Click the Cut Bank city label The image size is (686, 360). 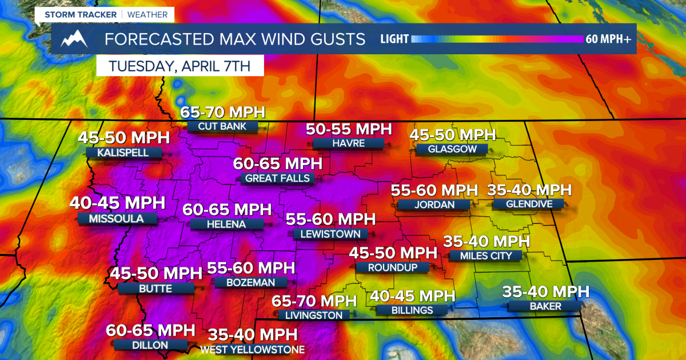click(x=222, y=126)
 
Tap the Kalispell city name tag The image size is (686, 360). click(x=123, y=153)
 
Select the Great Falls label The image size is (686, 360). click(x=277, y=178)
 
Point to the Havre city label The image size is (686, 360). click(x=348, y=143)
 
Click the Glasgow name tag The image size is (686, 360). click(x=452, y=149)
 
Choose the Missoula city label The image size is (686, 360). click(x=116, y=218)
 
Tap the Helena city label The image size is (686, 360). click(x=227, y=224)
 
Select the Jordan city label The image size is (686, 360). click(x=434, y=204)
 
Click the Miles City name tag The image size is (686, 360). click(x=485, y=255)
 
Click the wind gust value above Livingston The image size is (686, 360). click(x=314, y=301)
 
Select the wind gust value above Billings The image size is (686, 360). click(x=412, y=295)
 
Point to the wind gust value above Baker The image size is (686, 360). click(x=545, y=291)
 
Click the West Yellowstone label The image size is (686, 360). click(x=252, y=350)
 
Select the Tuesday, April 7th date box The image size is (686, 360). click(x=180, y=65)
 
